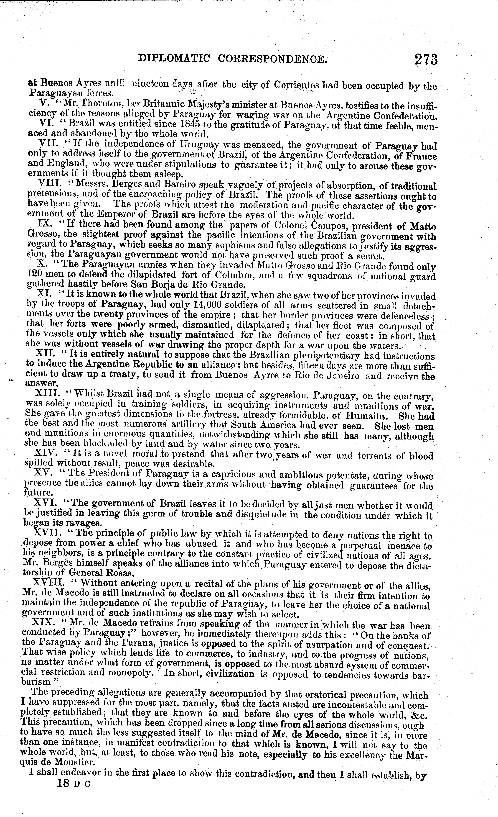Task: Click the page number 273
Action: tap(425, 60)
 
